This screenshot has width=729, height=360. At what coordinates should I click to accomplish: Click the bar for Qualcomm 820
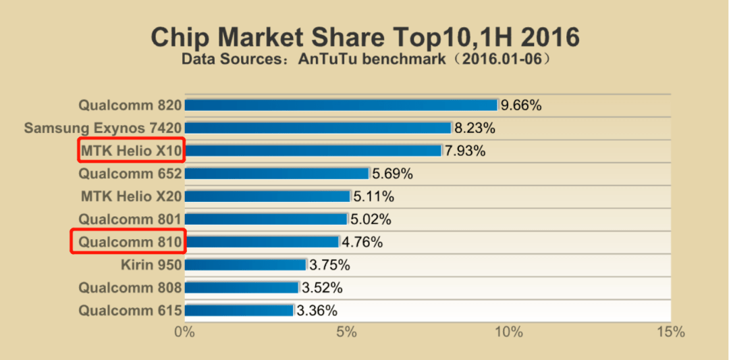click(342, 105)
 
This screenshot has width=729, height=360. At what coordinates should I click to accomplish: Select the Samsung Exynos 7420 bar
click(318, 128)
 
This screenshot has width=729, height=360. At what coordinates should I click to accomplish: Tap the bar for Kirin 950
click(246, 265)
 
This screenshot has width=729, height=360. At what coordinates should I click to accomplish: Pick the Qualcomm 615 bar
click(239, 310)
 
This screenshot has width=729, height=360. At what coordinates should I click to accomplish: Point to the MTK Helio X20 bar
click(267, 197)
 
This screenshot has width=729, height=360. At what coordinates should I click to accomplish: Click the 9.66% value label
click(520, 105)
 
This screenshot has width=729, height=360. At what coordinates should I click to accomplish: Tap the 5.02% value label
click(371, 219)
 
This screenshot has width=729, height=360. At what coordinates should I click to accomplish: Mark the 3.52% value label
click(322, 288)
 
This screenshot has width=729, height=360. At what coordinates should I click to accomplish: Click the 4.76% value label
click(362, 242)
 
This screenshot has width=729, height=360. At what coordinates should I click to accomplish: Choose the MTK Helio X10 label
click(131, 150)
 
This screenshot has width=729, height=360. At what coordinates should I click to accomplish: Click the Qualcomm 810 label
click(130, 242)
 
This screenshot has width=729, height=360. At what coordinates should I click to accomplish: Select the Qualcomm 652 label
click(130, 174)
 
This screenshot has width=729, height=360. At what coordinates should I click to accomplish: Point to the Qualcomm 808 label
click(130, 288)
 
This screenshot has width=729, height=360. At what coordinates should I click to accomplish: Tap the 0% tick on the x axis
click(184, 332)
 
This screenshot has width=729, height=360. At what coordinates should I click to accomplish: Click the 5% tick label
click(346, 332)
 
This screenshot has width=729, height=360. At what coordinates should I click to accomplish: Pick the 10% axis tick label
click(509, 332)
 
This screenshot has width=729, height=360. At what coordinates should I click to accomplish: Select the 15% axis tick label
click(671, 332)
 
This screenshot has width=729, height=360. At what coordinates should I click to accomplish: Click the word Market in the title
click(265, 37)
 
